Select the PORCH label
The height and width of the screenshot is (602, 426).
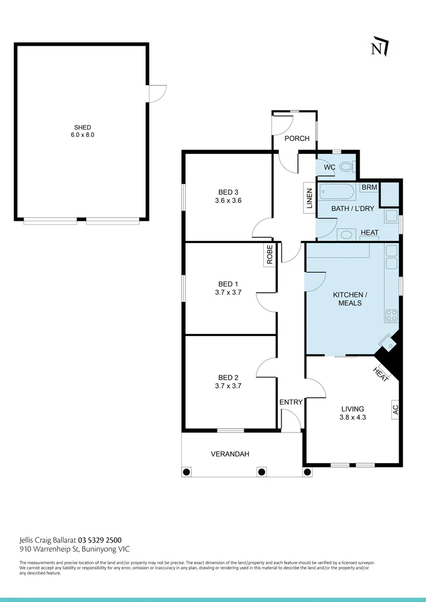297,138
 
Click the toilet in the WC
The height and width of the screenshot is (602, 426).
346,166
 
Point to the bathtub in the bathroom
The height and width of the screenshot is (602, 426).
337,193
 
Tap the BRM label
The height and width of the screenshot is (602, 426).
369,188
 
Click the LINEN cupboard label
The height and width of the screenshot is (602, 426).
309,198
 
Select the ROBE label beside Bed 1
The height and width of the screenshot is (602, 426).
270,254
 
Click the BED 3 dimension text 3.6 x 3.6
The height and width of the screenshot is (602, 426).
228,200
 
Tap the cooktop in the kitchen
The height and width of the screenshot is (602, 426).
391,315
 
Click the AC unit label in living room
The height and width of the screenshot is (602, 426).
395,409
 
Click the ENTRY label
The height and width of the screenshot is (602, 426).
291,402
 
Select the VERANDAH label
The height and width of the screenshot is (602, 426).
230,454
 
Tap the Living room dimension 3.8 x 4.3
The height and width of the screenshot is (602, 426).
352,417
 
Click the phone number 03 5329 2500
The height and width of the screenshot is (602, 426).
100,540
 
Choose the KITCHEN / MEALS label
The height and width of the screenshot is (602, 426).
350,299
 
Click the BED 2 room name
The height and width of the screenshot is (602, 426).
228,377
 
